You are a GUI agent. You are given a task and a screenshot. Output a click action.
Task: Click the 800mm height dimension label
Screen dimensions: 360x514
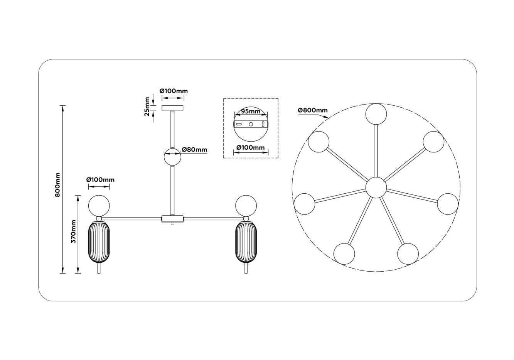[x=57, y=185]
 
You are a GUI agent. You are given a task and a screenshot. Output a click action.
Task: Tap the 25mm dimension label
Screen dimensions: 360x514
[x=147, y=106]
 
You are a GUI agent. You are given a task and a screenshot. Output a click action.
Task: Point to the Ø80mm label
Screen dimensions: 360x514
[x=194, y=150]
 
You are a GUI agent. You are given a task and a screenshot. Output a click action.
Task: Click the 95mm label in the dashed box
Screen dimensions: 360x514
[x=251, y=111]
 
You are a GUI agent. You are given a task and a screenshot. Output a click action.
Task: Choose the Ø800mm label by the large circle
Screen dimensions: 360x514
[x=313, y=110]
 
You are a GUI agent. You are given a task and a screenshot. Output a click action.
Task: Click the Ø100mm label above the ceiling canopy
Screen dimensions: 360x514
[x=174, y=91]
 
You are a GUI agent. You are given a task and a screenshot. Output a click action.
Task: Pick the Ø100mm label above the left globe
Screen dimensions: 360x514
[x=100, y=180]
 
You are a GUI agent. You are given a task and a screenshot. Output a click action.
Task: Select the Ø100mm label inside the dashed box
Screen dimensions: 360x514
[x=251, y=147]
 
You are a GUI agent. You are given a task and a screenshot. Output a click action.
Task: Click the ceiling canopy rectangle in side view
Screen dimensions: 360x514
[x=173, y=108]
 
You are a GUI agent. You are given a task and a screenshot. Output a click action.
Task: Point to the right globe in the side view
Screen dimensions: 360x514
[x=246, y=205]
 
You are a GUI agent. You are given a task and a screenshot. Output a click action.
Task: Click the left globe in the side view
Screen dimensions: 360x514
[x=99, y=205]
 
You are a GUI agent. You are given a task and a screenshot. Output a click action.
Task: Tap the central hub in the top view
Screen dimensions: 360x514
[x=376, y=188]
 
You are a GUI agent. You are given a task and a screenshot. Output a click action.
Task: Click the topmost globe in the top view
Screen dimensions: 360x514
[x=376, y=114]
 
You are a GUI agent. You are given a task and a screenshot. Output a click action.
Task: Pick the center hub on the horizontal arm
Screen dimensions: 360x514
[x=173, y=219]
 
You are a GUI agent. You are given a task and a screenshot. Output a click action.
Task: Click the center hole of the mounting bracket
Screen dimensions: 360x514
[x=251, y=124]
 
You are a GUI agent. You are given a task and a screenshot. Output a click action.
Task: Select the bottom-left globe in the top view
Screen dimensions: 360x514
[x=344, y=254]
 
